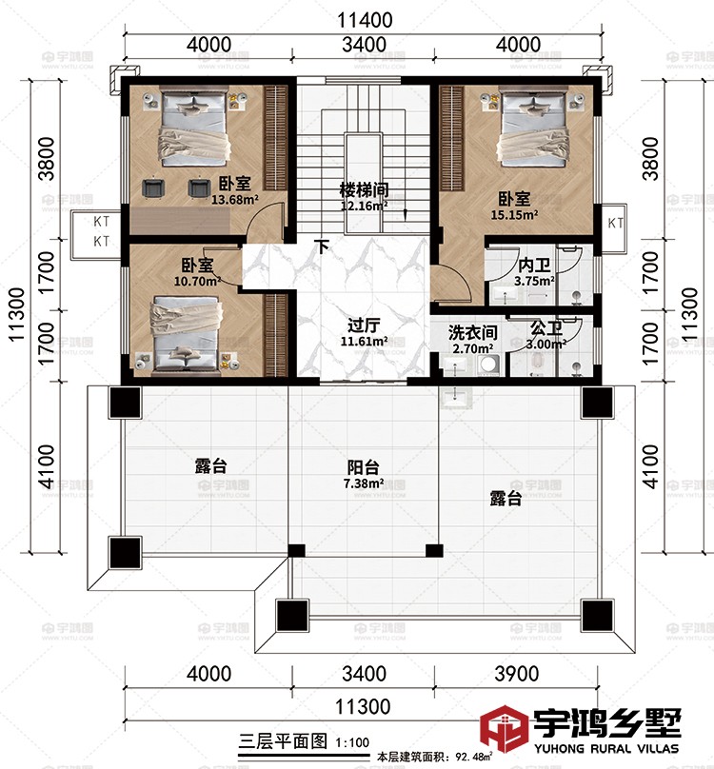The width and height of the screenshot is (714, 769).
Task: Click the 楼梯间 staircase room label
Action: (365, 188)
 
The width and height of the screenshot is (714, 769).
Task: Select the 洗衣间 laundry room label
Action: (472, 333)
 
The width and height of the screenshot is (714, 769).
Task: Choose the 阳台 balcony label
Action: (364, 467)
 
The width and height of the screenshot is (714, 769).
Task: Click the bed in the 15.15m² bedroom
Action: (528, 125)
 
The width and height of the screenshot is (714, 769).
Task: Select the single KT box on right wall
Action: (615, 224)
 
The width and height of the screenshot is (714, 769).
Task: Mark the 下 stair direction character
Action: (323, 247)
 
